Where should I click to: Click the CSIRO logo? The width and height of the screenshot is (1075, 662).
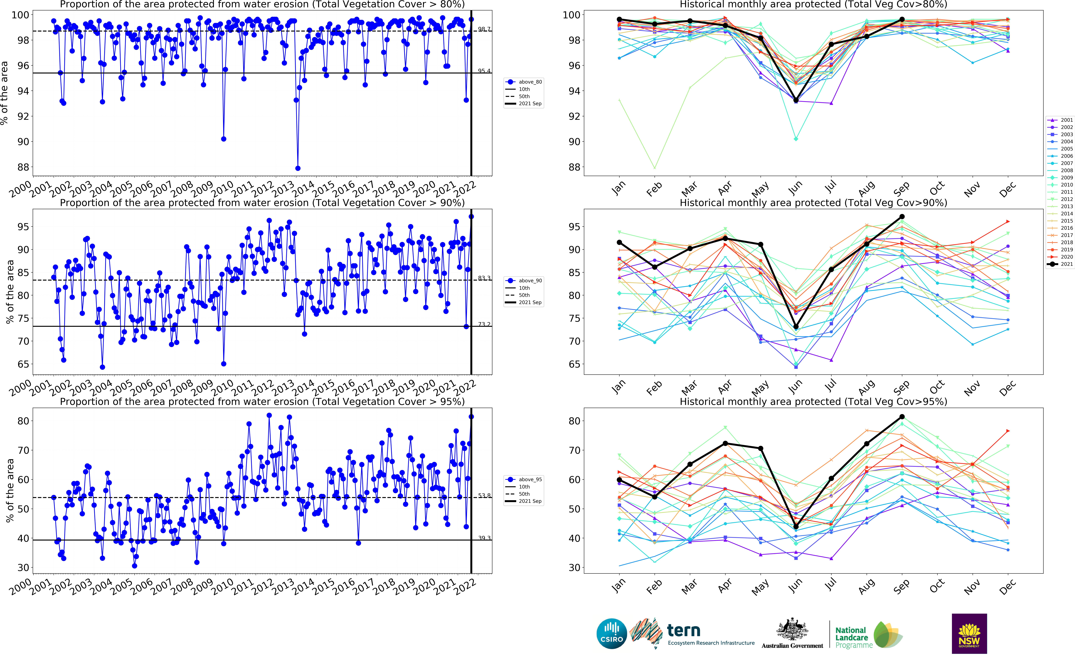pyautogui.click(x=612, y=634)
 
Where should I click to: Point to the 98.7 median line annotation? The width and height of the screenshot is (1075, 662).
pyautogui.click(x=484, y=29)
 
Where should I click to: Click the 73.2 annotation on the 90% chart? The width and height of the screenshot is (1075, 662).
pyautogui.click(x=484, y=324)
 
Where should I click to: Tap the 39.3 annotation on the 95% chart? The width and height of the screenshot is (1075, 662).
pyautogui.click(x=484, y=538)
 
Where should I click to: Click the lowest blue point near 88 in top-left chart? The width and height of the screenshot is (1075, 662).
pyautogui.click(x=298, y=168)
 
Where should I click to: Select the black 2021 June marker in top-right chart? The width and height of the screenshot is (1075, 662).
pyautogui.click(x=796, y=100)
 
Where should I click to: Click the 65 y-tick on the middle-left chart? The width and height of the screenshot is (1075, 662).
pyautogui.click(x=23, y=364)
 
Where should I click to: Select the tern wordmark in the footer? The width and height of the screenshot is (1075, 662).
pyautogui.click(x=683, y=631)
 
